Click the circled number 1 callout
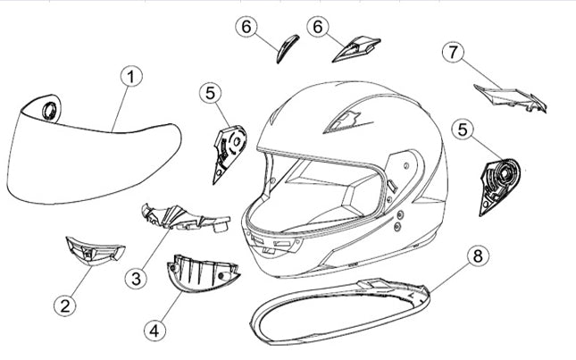click(131, 77)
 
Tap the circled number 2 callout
click(64, 306)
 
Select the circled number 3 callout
click(136, 279)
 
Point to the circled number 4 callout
click(154, 331)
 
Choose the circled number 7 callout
click(453, 52)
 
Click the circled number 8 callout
click(478, 255)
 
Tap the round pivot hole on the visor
click(50, 111)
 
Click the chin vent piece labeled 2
click(95, 250)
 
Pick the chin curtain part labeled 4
click(202, 273)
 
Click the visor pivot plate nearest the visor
click(229, 154)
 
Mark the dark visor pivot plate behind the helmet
click(499, 186)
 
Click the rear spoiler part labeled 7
click(511, 97)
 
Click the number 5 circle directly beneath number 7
click(463, 130)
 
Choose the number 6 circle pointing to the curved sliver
click(246, 27)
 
